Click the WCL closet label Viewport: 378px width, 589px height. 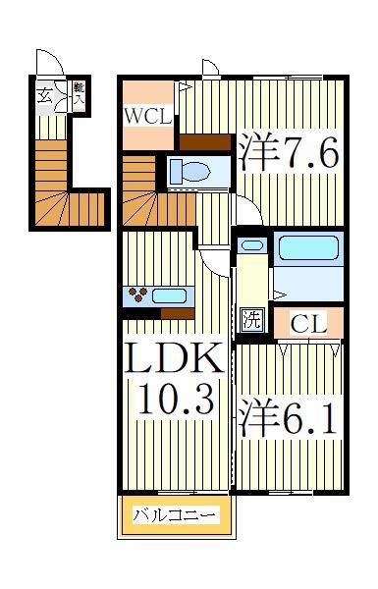point(148,115)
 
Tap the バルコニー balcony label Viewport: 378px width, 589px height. point(176,515)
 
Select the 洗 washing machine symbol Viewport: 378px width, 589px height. point(252,319)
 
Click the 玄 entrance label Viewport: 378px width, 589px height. point(45,95)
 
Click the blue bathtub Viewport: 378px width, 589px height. point(307,246)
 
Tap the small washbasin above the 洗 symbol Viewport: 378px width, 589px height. point(251,245)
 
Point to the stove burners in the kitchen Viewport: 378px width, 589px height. point(138,294)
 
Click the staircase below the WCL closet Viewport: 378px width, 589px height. point(157,206)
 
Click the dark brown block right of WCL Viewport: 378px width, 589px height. point(201,141)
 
